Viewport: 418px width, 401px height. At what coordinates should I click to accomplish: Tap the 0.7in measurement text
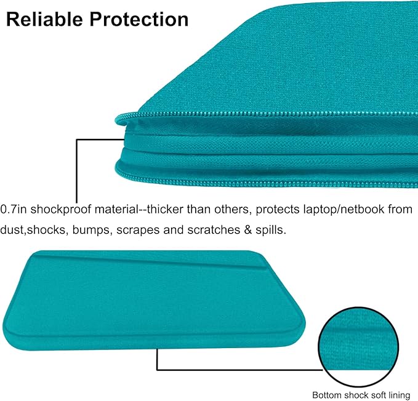pos(14,210)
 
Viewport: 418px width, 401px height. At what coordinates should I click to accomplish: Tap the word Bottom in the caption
pos(325,394)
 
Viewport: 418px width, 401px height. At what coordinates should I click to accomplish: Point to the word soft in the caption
pos(377,394)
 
